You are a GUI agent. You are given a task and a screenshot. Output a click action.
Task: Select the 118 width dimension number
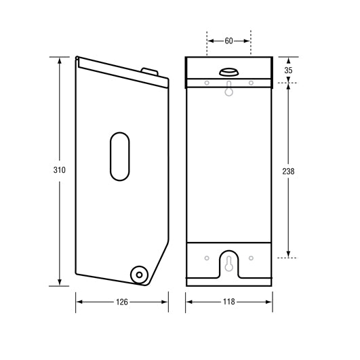[228, 301]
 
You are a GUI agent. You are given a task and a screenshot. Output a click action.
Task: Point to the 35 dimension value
[289, 70]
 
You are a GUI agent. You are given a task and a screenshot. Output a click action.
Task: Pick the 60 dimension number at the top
[228, 41]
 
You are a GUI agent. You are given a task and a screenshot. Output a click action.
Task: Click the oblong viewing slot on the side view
[118, 157]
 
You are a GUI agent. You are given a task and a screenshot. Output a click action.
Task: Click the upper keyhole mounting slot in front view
[228, 89]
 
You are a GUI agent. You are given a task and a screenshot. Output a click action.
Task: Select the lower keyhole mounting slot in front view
[228, 263]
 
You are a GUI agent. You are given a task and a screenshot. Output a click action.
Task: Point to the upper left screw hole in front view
[206, 83]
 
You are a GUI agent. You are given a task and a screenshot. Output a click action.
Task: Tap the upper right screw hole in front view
[251, 83]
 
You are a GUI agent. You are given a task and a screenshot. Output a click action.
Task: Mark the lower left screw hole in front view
[206, 258]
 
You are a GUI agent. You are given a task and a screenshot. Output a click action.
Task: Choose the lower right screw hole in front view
[251, 258]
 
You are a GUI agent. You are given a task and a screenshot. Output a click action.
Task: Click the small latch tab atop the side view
[149, 71]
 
